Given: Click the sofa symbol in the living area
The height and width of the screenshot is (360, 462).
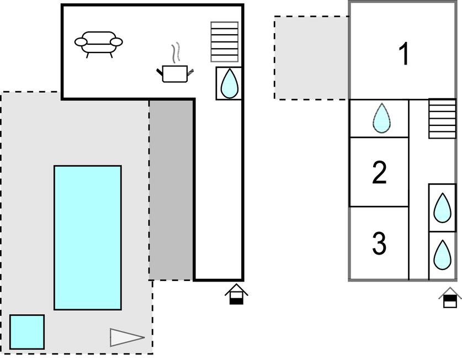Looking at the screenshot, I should click(x=98, y=43).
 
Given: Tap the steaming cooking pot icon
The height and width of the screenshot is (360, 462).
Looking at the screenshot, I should click(x=176, y=73).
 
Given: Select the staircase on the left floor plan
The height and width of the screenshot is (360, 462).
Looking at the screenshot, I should click(x=225, y=42).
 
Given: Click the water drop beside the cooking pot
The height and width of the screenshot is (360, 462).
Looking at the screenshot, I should click(x=229, y=84).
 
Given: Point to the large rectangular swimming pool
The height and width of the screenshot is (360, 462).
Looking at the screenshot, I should click(x=87, y=237).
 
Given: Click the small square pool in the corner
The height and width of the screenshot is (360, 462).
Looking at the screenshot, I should click(x=26, y=332).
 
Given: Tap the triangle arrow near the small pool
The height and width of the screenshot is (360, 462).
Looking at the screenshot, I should click(x=126, y=337).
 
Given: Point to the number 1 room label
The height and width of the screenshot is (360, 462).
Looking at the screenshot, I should click(x=405, y=54).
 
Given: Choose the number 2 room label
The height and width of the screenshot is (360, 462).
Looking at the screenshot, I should click(x=379, y=172).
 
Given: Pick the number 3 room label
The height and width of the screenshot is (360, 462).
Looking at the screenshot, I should click(x=379, y=243).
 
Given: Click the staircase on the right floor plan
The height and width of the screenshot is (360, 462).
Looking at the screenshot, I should click(x=442, y=119).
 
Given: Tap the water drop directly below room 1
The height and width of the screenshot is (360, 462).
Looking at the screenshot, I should click(x=381, y=118).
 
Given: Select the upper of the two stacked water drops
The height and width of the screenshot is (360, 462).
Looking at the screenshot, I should click(x=442, y=208).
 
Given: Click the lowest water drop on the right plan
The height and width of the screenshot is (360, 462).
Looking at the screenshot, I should click(x=442, y=255).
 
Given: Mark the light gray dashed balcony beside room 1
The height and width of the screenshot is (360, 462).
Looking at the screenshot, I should click(x=311, y=57).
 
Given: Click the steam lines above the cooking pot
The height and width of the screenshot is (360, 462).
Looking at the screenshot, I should click(x=176, y=52).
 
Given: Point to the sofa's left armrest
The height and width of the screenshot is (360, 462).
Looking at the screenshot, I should click(x=81, y=42).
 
